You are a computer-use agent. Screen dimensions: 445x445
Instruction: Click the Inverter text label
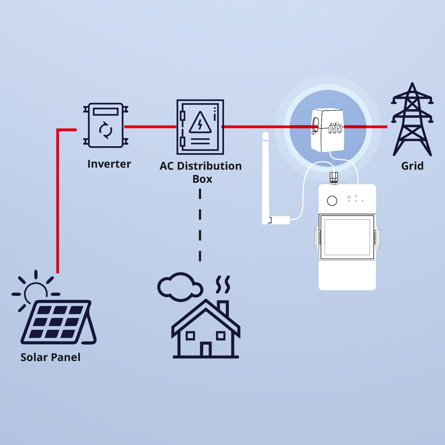tap(109, 164)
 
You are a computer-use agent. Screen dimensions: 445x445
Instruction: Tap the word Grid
tap(412, 166)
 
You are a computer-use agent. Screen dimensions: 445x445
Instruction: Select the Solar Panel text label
tap(50, 357)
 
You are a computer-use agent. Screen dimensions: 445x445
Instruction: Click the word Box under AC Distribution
tap(202, 179)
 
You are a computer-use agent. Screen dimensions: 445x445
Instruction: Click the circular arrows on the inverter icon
tap(106, 130)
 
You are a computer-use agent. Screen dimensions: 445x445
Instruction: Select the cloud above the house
tap(179, 287)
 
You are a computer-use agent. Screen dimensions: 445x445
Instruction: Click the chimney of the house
tap(223, 308)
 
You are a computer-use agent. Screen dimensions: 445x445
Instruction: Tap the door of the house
tap(206, 349)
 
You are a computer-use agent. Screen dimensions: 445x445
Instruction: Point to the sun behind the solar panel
tap(36, 291)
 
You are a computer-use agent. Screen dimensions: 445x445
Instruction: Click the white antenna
tap(266, 178)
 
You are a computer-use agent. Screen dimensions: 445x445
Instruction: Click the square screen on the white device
tap(347, 237)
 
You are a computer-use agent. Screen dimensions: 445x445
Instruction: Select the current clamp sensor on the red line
tap(327, 130)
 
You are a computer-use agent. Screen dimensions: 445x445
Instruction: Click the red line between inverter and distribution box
tap(150, 127)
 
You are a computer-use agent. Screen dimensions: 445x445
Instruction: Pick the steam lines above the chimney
tap(223, 285)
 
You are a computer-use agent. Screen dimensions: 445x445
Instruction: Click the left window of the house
tap(190, 336)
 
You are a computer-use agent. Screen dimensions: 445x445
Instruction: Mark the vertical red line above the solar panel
tap(58, 202)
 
